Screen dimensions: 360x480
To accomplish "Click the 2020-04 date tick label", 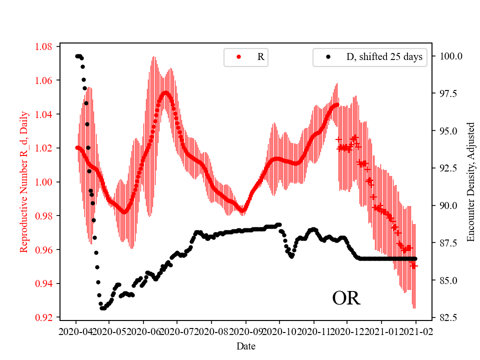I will tap(76, 331).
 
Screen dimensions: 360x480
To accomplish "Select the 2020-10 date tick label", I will tap(279, 331).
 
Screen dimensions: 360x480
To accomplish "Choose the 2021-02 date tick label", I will tap(414, 331).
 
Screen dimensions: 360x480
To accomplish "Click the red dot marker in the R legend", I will tap(238, 57).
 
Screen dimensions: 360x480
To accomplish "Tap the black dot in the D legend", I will tap(328, 57).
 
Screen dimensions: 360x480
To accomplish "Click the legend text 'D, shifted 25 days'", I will tap(384, 57).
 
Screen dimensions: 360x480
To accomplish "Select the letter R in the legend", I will tap(260, 57).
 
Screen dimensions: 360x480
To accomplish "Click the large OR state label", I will tap(346, 298).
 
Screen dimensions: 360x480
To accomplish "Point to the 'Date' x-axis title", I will tap(245, 345).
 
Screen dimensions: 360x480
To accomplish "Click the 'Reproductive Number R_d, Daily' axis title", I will tap(23, 182).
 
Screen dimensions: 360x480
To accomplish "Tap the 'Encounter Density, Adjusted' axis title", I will tap(470, 182).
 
